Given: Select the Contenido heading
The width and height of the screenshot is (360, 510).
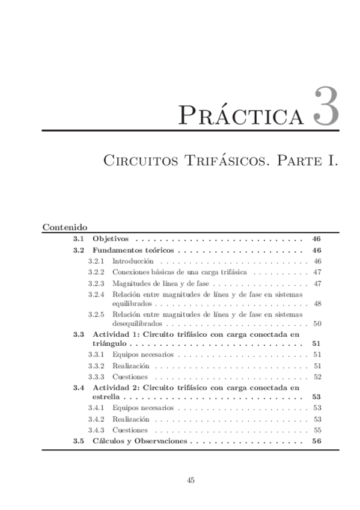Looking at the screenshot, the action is pyautogui.click(x=66, y=227).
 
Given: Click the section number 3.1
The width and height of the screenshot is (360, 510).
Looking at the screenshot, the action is pyautogui.click(x=78, y=239).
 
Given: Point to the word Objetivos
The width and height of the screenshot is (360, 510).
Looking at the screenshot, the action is pyautogui.click(x=111, y=239).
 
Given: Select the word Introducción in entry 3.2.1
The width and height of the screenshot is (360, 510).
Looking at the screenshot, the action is pyautogui.click(x=133, y=262).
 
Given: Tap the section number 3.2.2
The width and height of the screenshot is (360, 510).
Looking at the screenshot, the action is pyautogui.click(x=96, y=272).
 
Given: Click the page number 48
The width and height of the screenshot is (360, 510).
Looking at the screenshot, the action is pyautogui.click(x=317, y=304).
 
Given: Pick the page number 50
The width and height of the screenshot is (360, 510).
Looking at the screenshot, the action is pyautogui.click(x=317, y=324).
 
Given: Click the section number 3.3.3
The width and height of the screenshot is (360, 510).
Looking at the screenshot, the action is pyautogui.click(x=96, y=376).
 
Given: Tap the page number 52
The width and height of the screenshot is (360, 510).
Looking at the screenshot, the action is pyautogui.click(x=317, y=376).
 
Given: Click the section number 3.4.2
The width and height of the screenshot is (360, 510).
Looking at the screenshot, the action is pyautogui.click(x=96, y=419).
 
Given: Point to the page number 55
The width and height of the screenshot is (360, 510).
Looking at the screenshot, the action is pyautogui.click(x=317, y=430).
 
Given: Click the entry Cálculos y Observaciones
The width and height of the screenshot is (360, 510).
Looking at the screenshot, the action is pyautogui.click(x=140, y=441).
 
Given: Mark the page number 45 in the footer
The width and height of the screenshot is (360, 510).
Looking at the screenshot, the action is pyautogui.click(x=191, y=480).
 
